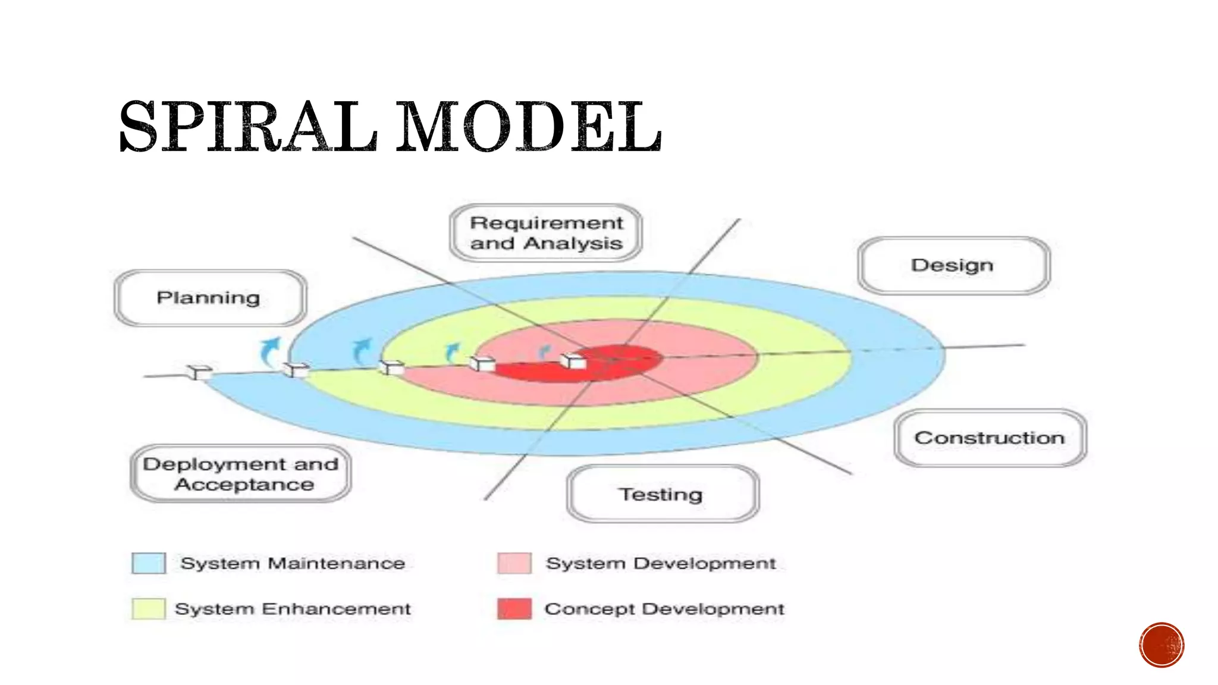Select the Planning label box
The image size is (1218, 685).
pyautogui.click(x=210, y=298)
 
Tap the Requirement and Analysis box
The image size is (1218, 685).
pyautogui.click(x=545, y=233)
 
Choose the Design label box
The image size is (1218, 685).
pyautogui.click(x=953, y=265)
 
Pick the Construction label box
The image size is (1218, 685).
pyautogui.click(x=990, y=438)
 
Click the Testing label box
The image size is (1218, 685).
pyautogui.click(x=662, y=494)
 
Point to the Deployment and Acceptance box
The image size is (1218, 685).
pyautogui.click(x=240, y=474)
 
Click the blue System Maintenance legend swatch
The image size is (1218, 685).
pyautogui.click(x=149, y=563)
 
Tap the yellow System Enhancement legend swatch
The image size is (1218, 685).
pyautogui.click(x=149, y=609)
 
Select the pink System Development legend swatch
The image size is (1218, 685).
pyautogui.click(x=514, y=563)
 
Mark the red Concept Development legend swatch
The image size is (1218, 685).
pyautogui.click(x=514, y=609)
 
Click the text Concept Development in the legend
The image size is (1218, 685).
pyautogui.click(x=664, y=609)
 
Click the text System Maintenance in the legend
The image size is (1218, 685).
pyautogui.click(x=293, y=563)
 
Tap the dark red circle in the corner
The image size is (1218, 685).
pyautogui.click(x=1162, y=645)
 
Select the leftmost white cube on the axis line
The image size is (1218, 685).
pyautogui.click(x=200, y=373)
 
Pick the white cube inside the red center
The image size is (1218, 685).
pyautogui.click(x=574, y=360)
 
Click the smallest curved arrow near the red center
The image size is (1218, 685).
pyautogui.click(x=543, y=352)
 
